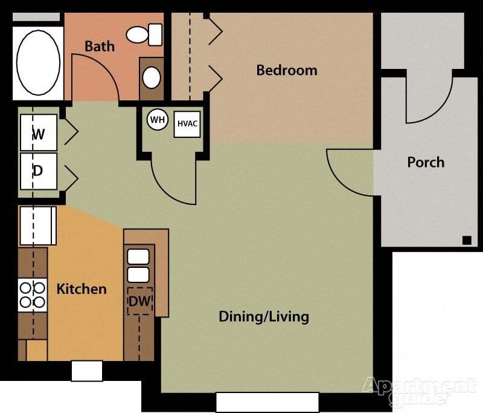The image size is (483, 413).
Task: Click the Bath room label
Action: tap(100, 47)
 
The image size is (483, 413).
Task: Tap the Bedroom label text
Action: tap(287, 70)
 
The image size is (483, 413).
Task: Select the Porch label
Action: tap(426, 162)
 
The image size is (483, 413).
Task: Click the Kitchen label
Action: tap(82, 289)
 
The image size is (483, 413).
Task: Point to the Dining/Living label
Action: tap(264, 316)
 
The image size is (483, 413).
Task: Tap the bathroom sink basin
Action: tap(152, 77)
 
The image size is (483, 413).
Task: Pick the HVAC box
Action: tap(187, 124)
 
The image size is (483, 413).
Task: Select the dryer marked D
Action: tap(39, 171)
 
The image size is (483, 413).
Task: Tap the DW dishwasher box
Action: tap(139, 301)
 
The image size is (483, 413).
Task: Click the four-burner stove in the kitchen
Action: tap(33, 294)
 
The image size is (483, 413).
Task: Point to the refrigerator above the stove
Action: tap(37, 226)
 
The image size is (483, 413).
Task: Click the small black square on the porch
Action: tap(467, 240)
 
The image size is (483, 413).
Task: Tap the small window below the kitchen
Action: tap(86, 371)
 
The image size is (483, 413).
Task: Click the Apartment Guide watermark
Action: tap(419, 391)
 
